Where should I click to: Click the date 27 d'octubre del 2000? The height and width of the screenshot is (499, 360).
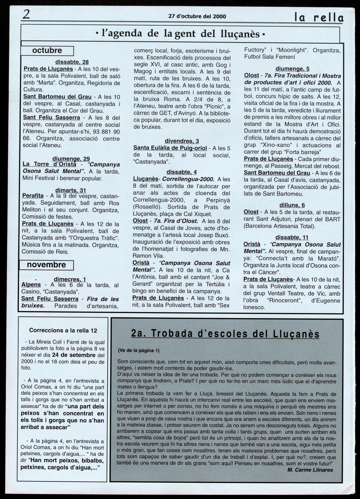[197, 16]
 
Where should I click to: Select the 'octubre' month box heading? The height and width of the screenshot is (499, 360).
[47, 51]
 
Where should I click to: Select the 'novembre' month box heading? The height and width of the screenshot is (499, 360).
[47, 265]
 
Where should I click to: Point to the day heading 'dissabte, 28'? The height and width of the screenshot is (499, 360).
[72, 62]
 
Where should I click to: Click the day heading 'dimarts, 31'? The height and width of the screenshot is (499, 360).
[70, 190]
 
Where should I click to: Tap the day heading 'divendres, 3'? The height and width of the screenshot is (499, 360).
[182, 141]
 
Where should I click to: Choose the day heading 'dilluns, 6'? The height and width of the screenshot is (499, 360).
[292, 205]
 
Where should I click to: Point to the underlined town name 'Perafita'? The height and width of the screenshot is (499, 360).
[33, 196]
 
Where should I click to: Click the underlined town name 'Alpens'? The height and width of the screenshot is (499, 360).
[31, 285]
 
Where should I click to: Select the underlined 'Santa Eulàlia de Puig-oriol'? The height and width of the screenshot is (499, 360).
[170, 148]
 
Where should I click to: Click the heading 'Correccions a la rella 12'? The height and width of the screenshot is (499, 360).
[63, 330]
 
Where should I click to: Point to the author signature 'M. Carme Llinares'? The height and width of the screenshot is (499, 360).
[310, 470]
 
